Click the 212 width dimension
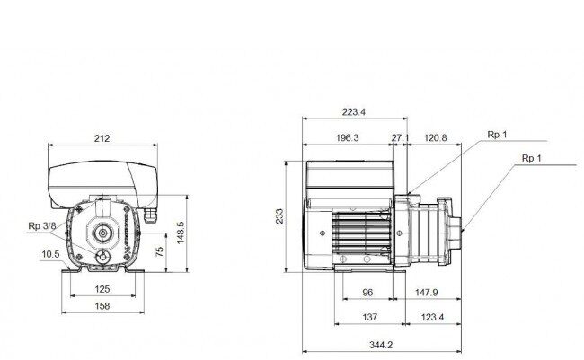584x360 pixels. (x=102, y=138)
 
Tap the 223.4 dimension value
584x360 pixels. (x=353, y=111)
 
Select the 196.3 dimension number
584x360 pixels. (x=347, y=137)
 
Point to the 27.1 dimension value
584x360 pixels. (x=400, y=137)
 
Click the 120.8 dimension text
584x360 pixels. (x=435, y=137)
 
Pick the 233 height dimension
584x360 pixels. (x=279, y=216)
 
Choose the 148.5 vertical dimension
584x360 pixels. (x=181, y=233)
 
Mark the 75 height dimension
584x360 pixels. (x=159, y=251)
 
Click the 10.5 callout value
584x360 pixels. (x=50, y=254)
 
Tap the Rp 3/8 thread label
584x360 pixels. (x=42, y=225)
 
